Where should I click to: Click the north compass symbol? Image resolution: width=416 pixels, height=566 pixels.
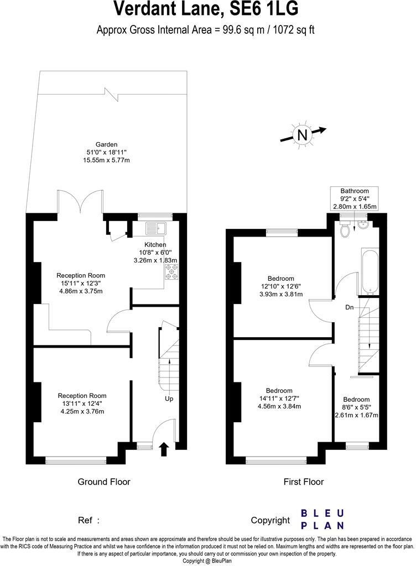[x=302, y=135]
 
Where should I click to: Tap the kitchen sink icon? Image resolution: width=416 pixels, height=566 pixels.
[x=157, y=228]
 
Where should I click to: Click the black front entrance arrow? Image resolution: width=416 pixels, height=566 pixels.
[x=164, y=449]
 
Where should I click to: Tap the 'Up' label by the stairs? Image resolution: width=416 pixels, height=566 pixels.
[x=169, y=398]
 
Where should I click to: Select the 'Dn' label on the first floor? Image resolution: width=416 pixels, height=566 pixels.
[x=350, y=307]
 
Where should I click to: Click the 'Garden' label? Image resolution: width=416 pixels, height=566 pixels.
[x=106, y=145]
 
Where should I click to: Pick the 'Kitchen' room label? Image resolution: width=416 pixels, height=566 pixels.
[x=155, y=245]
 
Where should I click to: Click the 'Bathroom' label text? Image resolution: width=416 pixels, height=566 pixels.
[x=355, y=191]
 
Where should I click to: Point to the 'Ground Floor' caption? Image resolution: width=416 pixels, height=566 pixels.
[x=104, y=482]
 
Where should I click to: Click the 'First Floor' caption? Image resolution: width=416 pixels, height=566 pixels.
[x=304, y=482]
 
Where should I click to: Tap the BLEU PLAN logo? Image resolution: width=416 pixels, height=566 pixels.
[x=323, y=519]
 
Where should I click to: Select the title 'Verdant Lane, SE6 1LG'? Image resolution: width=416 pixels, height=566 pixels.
[x=206, y=9]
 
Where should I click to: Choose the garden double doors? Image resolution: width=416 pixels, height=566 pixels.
[x=81, y=202]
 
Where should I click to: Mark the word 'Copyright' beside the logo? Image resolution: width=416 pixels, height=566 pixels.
[x=270, y=520]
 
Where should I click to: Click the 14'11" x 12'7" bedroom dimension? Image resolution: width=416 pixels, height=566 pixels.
[x=279, y=399]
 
